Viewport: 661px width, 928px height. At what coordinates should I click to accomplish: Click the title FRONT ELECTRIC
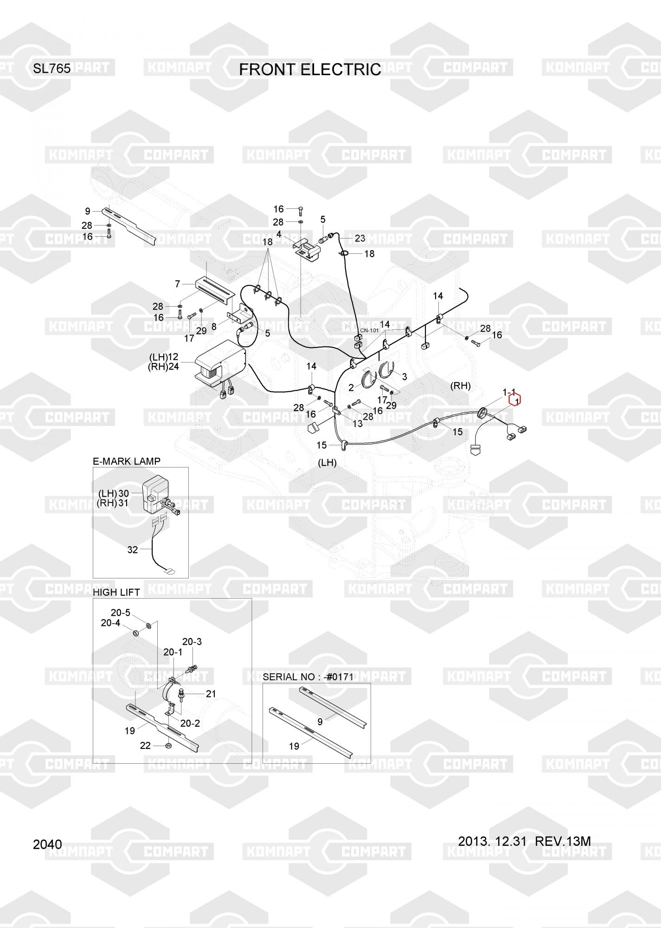point(310,70)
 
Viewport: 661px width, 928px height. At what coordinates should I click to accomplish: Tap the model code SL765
point(51,69)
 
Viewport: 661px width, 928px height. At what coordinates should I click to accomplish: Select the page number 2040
point(47,844)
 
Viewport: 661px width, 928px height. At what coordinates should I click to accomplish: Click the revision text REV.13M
point(563,841)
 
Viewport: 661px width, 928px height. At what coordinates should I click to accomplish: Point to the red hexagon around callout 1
point(515,399)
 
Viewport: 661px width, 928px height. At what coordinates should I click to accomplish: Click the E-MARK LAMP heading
point(127,461)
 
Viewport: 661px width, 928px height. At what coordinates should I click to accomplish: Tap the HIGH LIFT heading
point(116,593)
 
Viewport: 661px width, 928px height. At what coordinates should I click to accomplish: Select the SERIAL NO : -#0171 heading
point(308,677)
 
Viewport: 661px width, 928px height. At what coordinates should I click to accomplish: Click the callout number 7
point(177,284)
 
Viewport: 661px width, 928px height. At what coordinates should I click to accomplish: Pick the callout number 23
point(360,238)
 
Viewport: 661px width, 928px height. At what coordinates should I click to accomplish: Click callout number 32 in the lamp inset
point(133,550)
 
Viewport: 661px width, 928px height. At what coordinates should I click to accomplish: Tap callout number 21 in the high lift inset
point(211,694)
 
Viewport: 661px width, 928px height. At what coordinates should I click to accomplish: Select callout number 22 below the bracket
point(145,745)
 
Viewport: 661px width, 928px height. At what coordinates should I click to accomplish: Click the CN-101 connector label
point(369,331)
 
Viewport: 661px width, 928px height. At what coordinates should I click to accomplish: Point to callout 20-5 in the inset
point(120,612)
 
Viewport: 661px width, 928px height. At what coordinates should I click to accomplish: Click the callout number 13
point(357,424)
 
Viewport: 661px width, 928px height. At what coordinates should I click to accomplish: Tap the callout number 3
point(404,377)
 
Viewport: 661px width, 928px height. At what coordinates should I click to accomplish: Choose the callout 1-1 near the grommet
point(509,393)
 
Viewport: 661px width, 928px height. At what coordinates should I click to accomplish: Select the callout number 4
point(279,234)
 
